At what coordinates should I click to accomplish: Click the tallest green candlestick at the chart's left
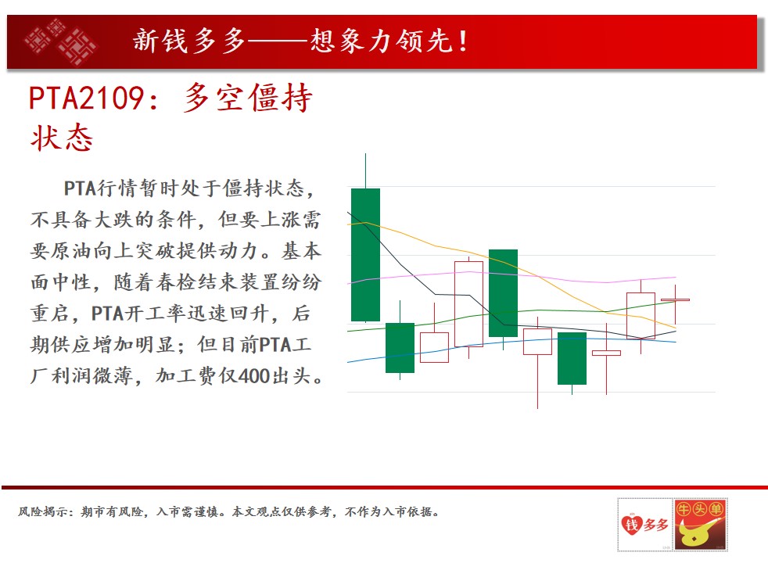click(365, 255)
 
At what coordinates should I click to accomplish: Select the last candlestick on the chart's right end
click(675, 299)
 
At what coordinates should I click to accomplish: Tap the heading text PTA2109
click(86, 98)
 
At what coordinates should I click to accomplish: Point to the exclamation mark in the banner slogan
click(462, 41)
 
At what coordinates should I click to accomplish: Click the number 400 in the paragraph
click(255, 376)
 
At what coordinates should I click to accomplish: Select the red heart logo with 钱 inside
click(631, 525)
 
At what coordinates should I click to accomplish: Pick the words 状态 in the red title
click(62, 138)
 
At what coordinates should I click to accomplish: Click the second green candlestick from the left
click(400, 348)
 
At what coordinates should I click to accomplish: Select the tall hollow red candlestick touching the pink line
click(468, 304)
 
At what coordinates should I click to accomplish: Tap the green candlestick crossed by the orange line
click(503, 292)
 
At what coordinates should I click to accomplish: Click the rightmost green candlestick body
click(572, 358)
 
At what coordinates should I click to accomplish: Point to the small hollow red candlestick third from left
click(435, 347)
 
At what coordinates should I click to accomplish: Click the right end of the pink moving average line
click(676, 278)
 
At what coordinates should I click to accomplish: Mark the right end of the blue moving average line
click(676, 342)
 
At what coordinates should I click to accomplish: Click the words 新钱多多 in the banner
click(189, 41)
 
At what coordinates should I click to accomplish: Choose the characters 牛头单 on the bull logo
click(700, 510)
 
